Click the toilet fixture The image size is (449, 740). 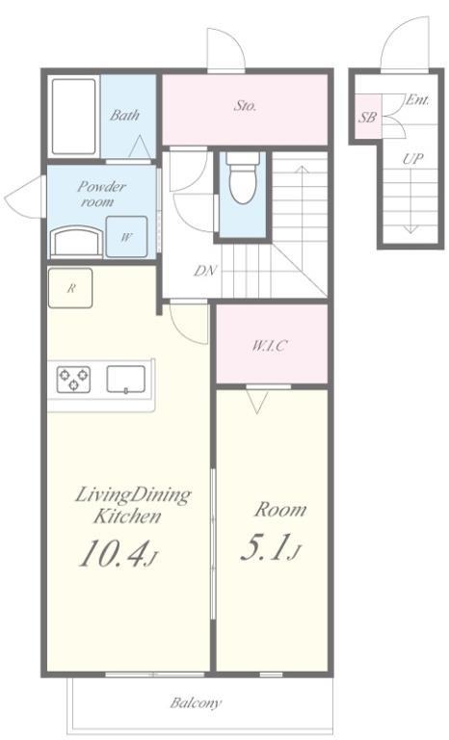click(243, 177)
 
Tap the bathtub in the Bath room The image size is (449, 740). click(73, 116)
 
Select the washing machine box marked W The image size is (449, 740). click(126, 236)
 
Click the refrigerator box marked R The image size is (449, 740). click(70, 288)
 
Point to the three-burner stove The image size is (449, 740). click(73, 380)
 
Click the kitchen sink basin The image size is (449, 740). click(126, 379)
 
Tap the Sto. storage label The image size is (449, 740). click(245, 106)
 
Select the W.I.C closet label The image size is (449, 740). click(269, 346)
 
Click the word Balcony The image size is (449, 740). click(196, 703)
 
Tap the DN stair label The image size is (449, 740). click(205, 271)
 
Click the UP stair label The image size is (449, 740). click(412, 159)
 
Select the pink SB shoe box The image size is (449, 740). click(368, 117)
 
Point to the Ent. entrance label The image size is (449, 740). click(418, 100)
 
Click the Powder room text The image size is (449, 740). click(101, 194)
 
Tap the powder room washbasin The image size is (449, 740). click(76, 242)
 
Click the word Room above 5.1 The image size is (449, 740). click(280, 510)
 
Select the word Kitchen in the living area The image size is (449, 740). click(127, 515)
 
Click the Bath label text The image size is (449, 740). click(124, 115)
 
